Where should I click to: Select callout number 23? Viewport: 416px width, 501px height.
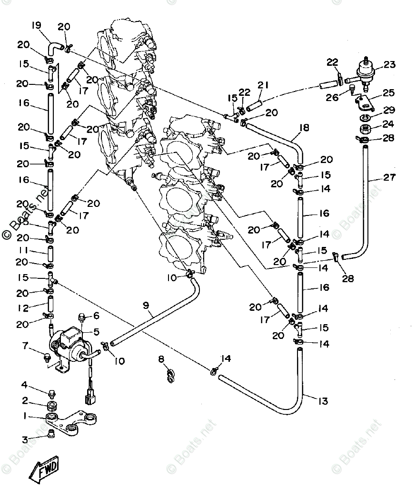click(390, 65)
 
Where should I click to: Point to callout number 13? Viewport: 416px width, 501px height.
click(323, 401)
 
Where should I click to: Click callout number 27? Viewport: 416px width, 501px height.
click(388, 178)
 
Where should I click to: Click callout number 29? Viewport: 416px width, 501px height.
click(389, 110)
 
